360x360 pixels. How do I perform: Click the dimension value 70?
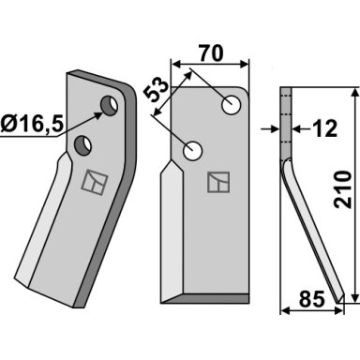click(x=212, y=53)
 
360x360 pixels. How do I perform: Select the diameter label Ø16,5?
click(x=32, y=124)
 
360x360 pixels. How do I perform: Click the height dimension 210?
click(x=342, y=189)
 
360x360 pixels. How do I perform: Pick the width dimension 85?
click(x=311, y=299)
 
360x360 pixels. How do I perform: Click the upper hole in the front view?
click(x=232, y=104)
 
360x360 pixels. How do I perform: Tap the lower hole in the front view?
click(x=192, y=151)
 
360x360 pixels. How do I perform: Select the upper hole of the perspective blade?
click(x=110, y=105)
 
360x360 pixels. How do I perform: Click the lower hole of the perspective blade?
click(x=82, y=145)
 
